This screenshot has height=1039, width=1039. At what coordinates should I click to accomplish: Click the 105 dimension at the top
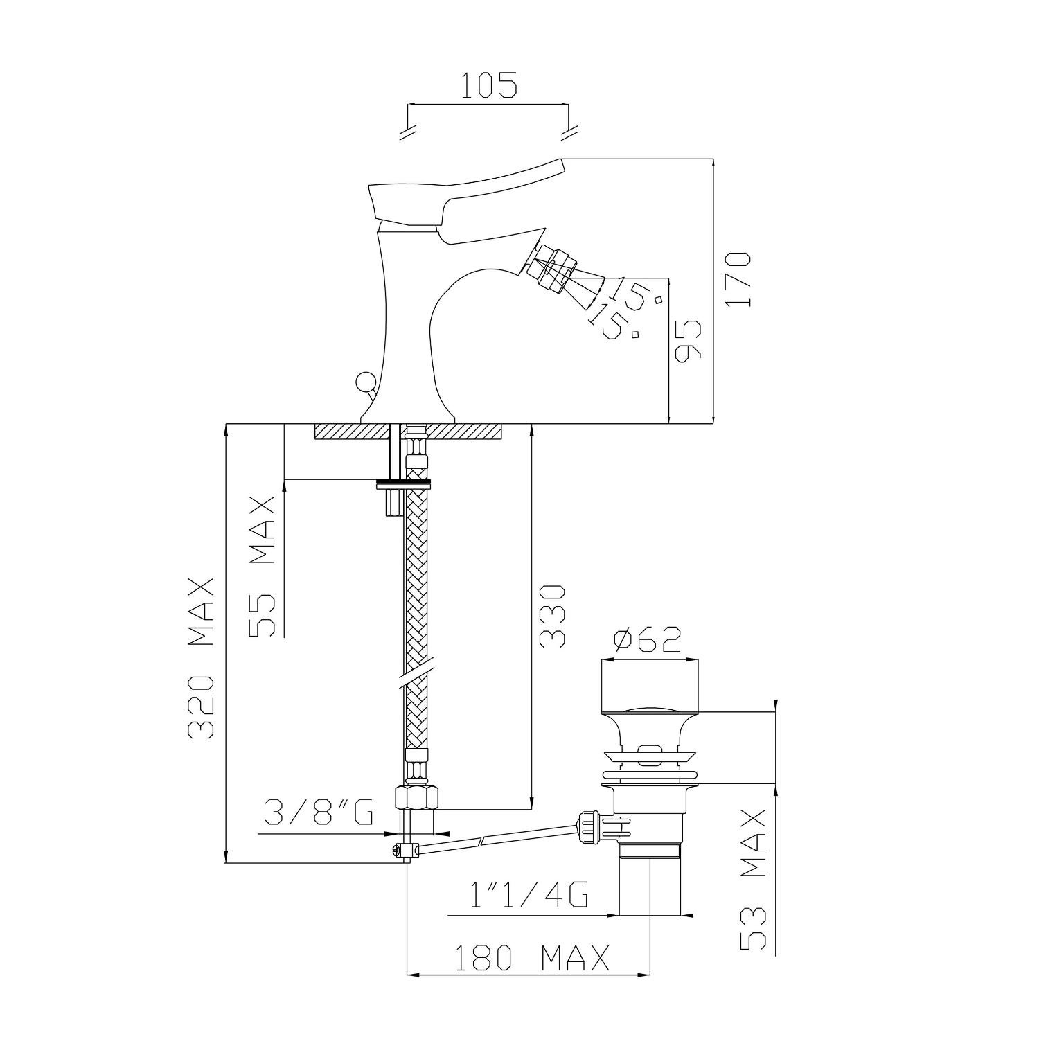click(x=489, y=85)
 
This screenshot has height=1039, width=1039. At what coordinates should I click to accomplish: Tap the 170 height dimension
click(x=739, y=279)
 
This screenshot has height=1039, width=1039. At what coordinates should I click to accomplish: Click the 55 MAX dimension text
click(x=262, y=566)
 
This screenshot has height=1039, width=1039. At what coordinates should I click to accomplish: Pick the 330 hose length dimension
click(x=553, y=616)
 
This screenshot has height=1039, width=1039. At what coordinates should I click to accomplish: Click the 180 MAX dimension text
click(x=531, y=958)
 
